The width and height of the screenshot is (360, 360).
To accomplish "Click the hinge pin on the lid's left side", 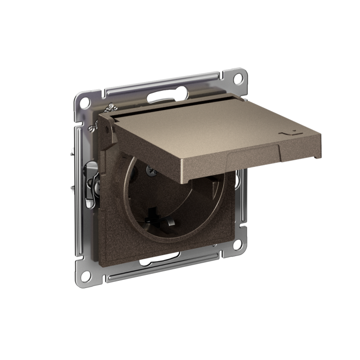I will tap(105, 130).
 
